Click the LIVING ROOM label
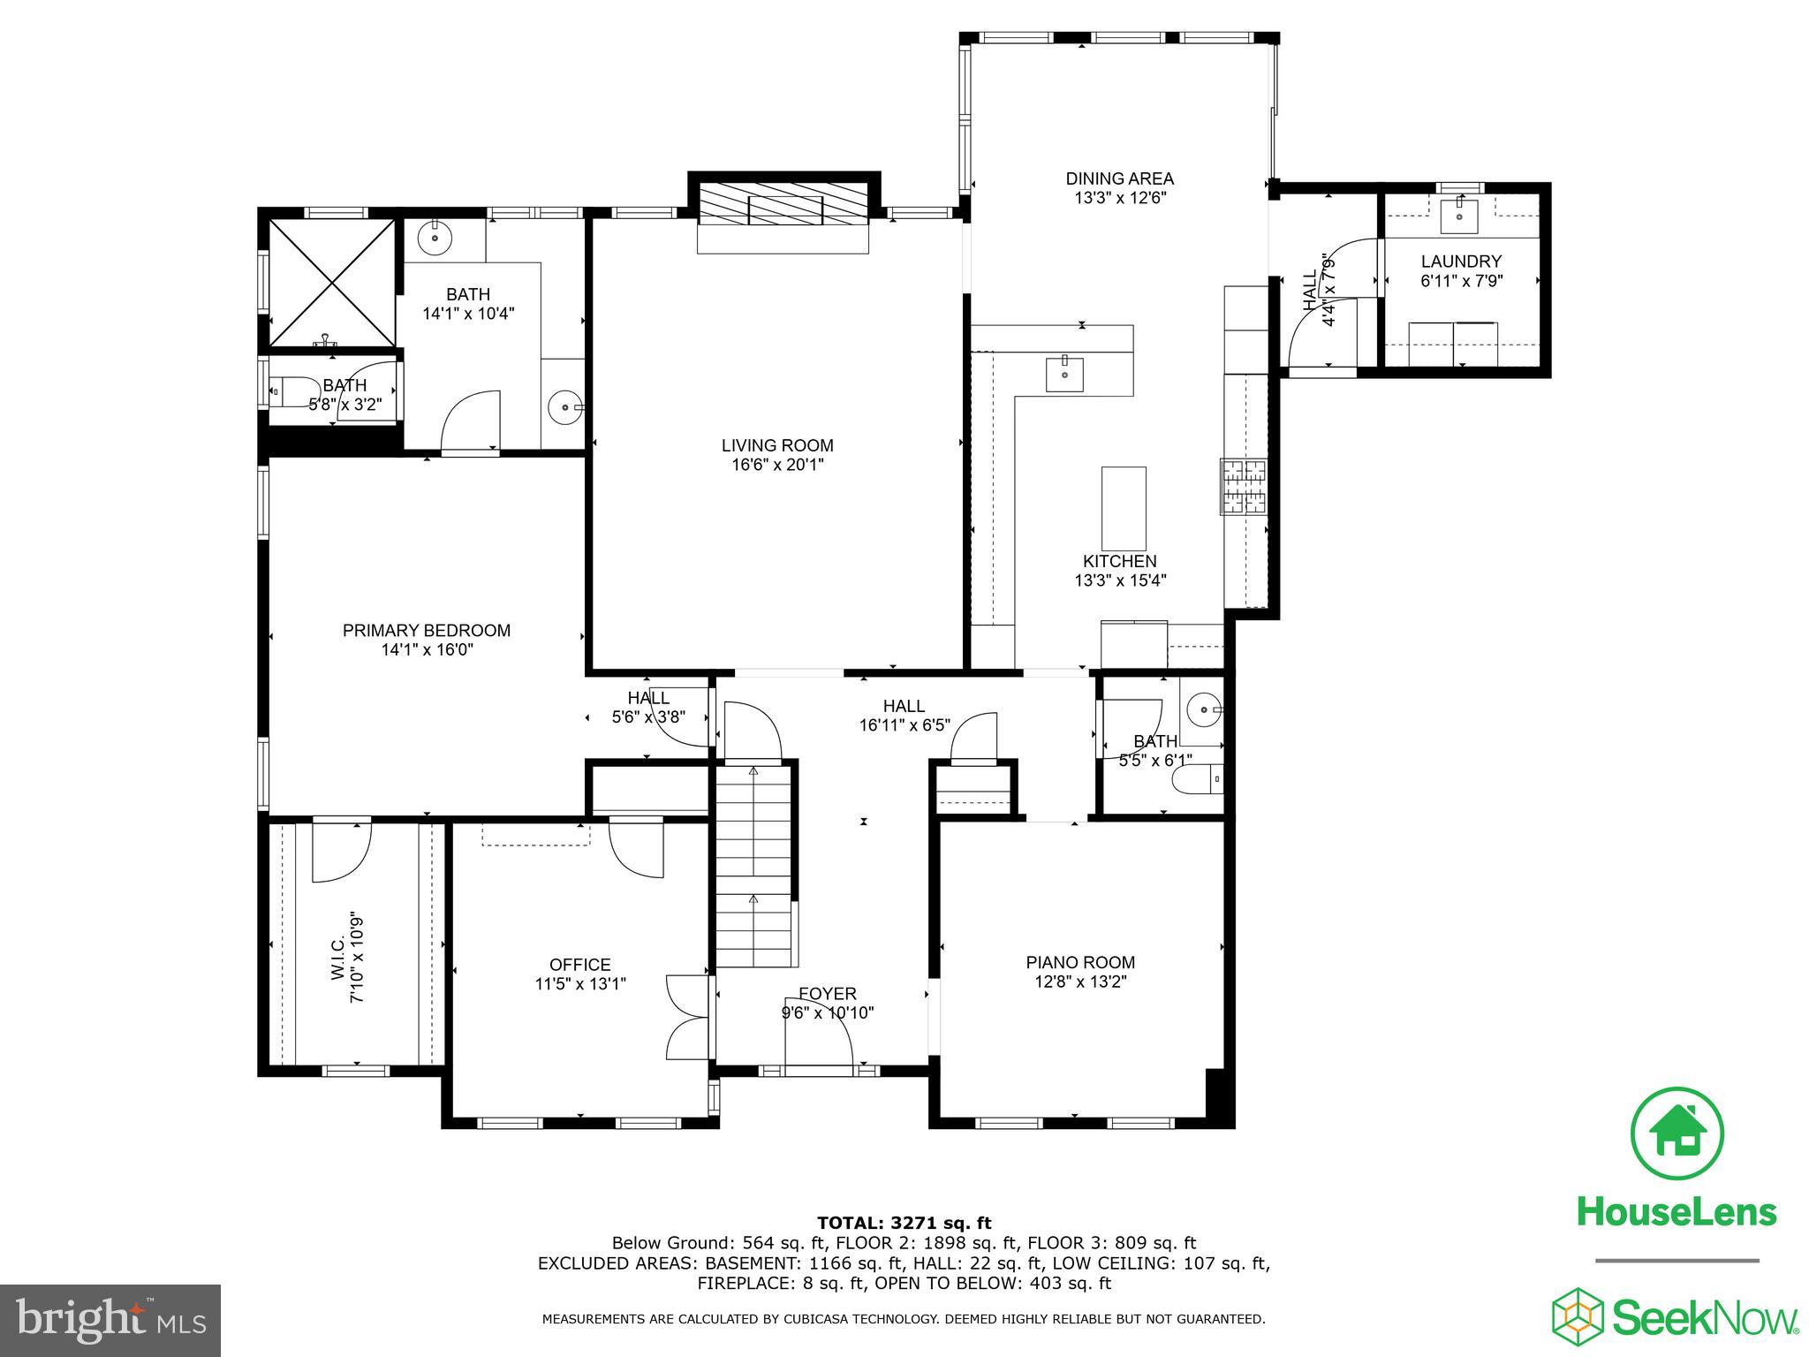point(777,446)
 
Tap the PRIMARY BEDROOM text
point(427,631)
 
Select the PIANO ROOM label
point(1080,962)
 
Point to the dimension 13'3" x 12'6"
point(1120,198)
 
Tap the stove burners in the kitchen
point(1244,486)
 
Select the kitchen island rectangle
point(1124,509)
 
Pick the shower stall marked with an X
point(331,283)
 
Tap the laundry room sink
point(1459,216)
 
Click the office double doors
point(687,1017)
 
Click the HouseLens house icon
point(1677,1133)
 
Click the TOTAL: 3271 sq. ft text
point(904,1224)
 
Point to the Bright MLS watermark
point(110,1321)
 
